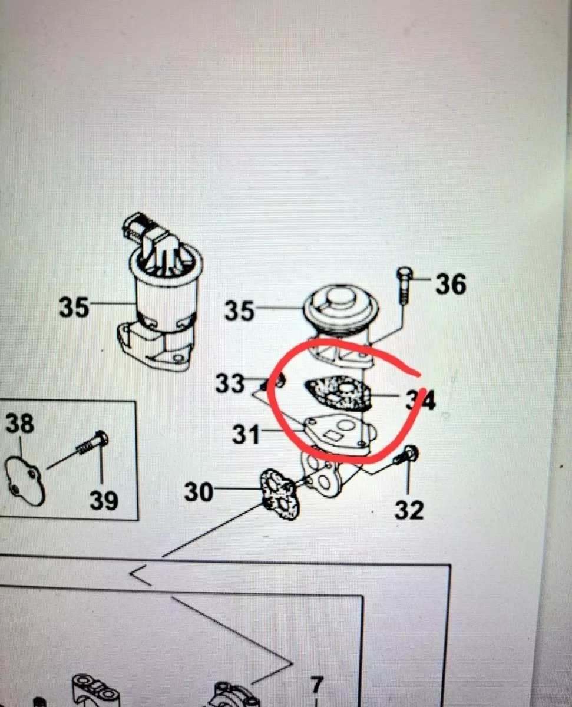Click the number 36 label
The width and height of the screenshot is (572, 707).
tap(451, 284)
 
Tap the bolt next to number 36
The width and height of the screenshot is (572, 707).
tap(405, 285)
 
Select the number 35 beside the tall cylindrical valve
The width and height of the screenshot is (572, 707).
tap(74, 307)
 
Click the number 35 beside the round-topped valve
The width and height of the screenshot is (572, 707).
tap(239, 310)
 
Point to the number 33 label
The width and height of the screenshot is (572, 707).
tap(230, 383)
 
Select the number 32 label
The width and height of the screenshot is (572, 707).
tap(409, 510)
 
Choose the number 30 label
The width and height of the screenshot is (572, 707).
tap(199, 491)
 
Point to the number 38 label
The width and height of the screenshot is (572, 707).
tap(20, 423)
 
